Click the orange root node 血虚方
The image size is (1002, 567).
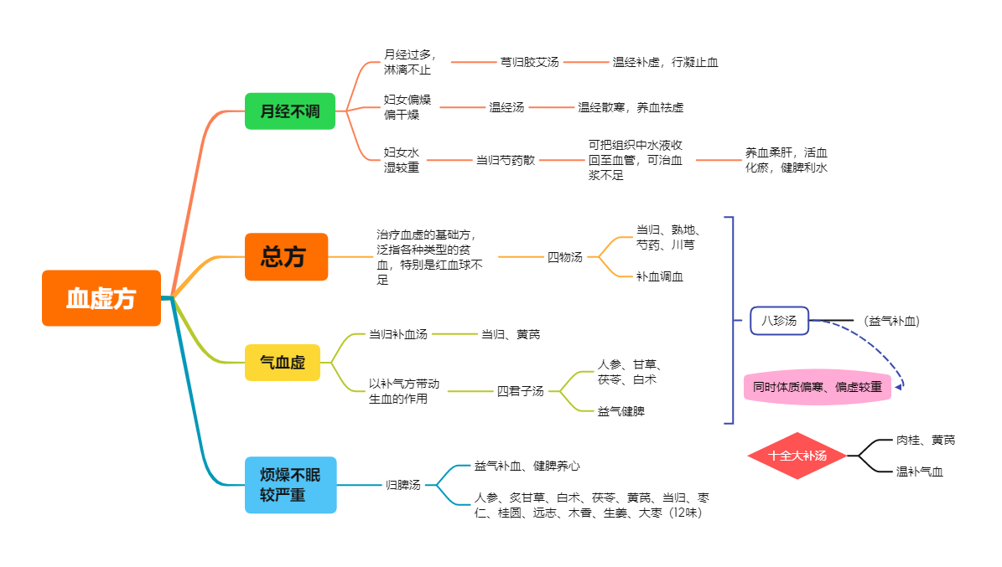pos(101,298)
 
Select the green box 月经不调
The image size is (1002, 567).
pos(290,111)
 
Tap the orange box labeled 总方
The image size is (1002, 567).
pos(286,256)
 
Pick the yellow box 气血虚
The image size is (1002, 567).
pos(283,363)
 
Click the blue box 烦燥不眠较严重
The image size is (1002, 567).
pos(291,485)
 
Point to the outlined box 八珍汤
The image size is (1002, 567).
pos(779,321)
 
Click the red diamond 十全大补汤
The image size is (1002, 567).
pos(797,456)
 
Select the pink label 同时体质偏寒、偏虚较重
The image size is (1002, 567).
pos(818,387)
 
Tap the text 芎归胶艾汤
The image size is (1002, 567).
pos(529,62)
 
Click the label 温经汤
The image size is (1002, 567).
pos(506,107)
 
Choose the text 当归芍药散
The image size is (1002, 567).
pos(506,160)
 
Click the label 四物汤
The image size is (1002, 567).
pos(565,256)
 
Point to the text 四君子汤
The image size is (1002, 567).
pos(520,391)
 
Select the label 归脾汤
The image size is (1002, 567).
pos(402,485)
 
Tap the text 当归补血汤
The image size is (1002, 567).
pos(398,334)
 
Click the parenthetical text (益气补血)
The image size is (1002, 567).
pos(891,321)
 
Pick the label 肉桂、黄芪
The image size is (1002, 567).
pos(926,440)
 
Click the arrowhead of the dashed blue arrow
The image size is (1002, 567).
pos(899,386)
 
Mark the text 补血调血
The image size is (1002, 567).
pos(660,276)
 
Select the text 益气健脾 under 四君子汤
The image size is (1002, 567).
pos(621,411)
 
